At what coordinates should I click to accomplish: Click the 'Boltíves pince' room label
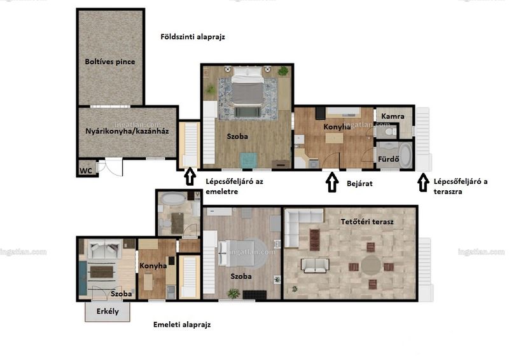[109, 62]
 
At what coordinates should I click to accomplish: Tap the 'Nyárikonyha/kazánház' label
[127, 131]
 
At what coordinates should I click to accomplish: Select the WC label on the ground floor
[86, 170]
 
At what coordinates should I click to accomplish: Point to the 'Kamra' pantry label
[393, 116]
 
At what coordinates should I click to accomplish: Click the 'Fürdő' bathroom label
[388, 159]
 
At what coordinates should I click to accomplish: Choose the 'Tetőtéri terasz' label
[367, 222]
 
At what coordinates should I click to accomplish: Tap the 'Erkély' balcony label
[108, 311]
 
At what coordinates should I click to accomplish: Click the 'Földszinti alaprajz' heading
[193, 37]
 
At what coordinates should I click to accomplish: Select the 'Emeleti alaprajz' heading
[182, 324]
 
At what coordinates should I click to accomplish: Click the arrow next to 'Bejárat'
[331, 182]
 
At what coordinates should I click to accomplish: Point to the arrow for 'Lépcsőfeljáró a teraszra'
[422, 183]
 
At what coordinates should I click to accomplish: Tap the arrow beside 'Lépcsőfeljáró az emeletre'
[190, 177]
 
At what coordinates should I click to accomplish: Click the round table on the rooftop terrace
[371, 265]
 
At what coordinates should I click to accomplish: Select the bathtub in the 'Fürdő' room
[405, 155]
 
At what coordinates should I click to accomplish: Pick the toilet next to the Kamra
[389, 132]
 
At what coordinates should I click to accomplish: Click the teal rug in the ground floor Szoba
[248, 160]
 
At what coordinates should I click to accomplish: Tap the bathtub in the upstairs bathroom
[173, 199]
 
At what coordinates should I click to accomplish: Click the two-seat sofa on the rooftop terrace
[315, 265]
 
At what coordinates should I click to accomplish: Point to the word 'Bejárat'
[359, 184]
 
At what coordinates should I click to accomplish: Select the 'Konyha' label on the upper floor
[153, 266]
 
